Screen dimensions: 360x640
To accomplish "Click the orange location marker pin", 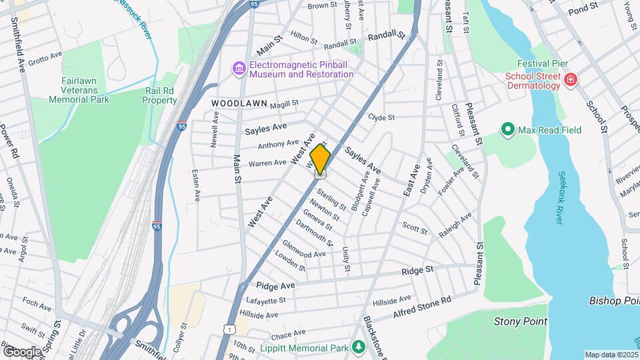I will pyautogui.click(x=321, y=159).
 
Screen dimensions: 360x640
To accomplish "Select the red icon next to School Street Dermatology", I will pyautogui.click(x=570, y=81).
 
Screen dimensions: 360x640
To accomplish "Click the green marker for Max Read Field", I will pyautogui.click(x=507, y=129).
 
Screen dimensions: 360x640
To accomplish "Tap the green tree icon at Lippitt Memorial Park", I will pyautogui.click(x=359, y=347).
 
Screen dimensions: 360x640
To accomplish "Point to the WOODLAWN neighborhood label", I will pyautogui.click(x=239, y=104).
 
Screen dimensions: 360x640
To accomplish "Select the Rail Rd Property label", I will pyautogui.click(x=159, y=95).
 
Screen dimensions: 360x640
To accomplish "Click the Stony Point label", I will pyautogui.click(x=520, y=321).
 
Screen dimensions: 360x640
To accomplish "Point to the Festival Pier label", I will pyautogui.click(x=545, y=63).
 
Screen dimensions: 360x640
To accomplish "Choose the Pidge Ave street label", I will pyautogui.click(x=274, y=285).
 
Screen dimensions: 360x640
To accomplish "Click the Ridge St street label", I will pyautogui.click(x=418, y=270).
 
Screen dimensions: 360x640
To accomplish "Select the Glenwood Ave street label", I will pyautogui.click(x=304, y=249).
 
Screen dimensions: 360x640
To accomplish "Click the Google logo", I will pyautogui.click(x=22, y=351).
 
